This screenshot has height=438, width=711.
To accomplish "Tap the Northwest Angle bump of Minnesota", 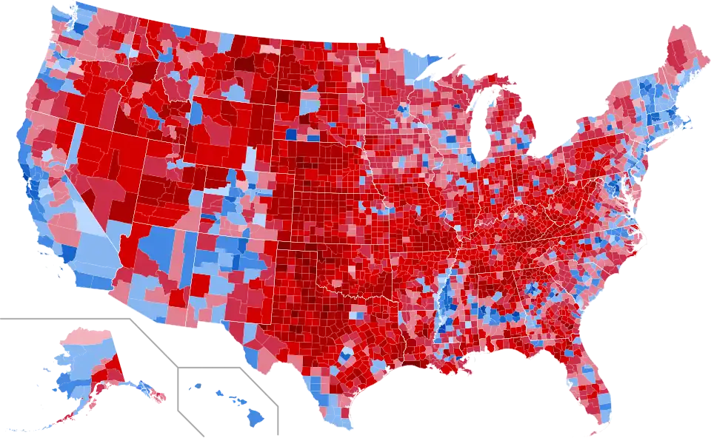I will pos(382,40).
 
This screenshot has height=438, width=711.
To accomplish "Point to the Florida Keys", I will pos(590,432).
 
